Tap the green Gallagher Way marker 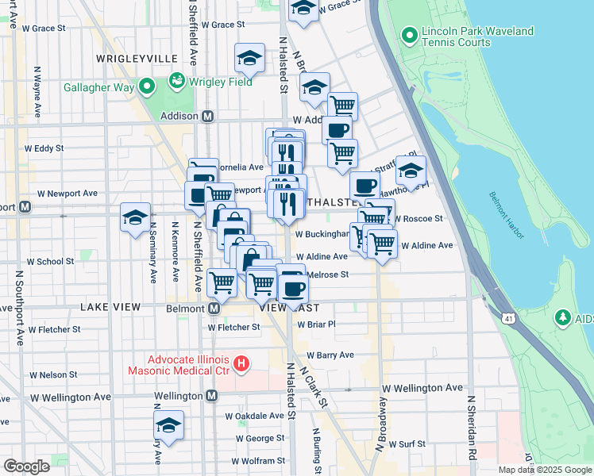coord(147,87)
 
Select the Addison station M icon coord(208,117)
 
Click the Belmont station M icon coord(214,308)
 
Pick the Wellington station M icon coord(212,395)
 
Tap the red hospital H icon coord(242,365)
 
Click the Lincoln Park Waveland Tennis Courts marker coord(410,36)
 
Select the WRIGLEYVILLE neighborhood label coord(136,59)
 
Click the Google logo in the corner coord(26,466)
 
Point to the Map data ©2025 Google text coord(545,470)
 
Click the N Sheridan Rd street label coord(472,428)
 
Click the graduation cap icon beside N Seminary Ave coord(135,217)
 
